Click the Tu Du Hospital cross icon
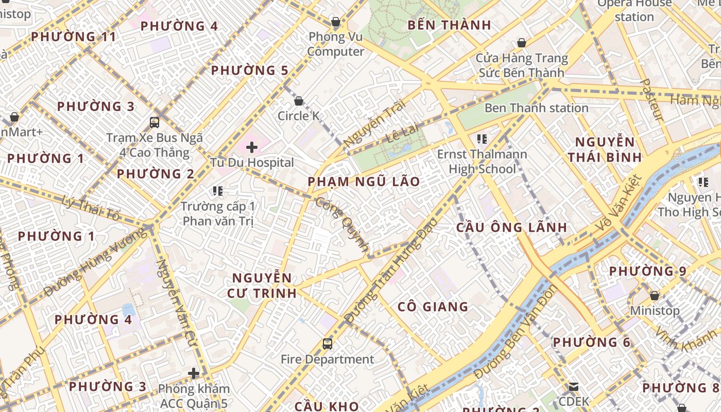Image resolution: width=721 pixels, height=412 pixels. pos(252,148)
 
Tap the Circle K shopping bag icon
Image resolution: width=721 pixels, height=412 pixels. pos(298,101)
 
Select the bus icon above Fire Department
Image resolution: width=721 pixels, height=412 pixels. pos(327,344)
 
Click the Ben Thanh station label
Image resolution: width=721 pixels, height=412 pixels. pos(536,108)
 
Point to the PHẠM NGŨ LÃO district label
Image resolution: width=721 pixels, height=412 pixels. pos(364,182)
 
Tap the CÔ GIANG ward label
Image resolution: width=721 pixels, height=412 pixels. pos(433,307)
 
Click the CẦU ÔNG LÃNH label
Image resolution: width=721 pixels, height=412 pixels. pos(511,227)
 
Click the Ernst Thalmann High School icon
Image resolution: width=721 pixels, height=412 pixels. pos(482,139)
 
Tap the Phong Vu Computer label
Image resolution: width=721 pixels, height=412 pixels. pos(336,44)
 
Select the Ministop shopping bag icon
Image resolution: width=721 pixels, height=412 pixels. pos(654,296)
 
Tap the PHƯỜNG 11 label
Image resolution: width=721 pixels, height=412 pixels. pos(73,37)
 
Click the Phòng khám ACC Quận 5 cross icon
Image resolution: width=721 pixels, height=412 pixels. pos(194,373)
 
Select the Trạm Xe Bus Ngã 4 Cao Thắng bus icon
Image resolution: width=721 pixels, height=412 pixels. pos(154,122)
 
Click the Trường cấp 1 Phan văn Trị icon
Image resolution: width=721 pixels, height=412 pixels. pos(218,191)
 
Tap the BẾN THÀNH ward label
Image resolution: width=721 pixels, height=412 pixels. pos(449,25)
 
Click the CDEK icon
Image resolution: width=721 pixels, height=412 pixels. pos(574,386)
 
